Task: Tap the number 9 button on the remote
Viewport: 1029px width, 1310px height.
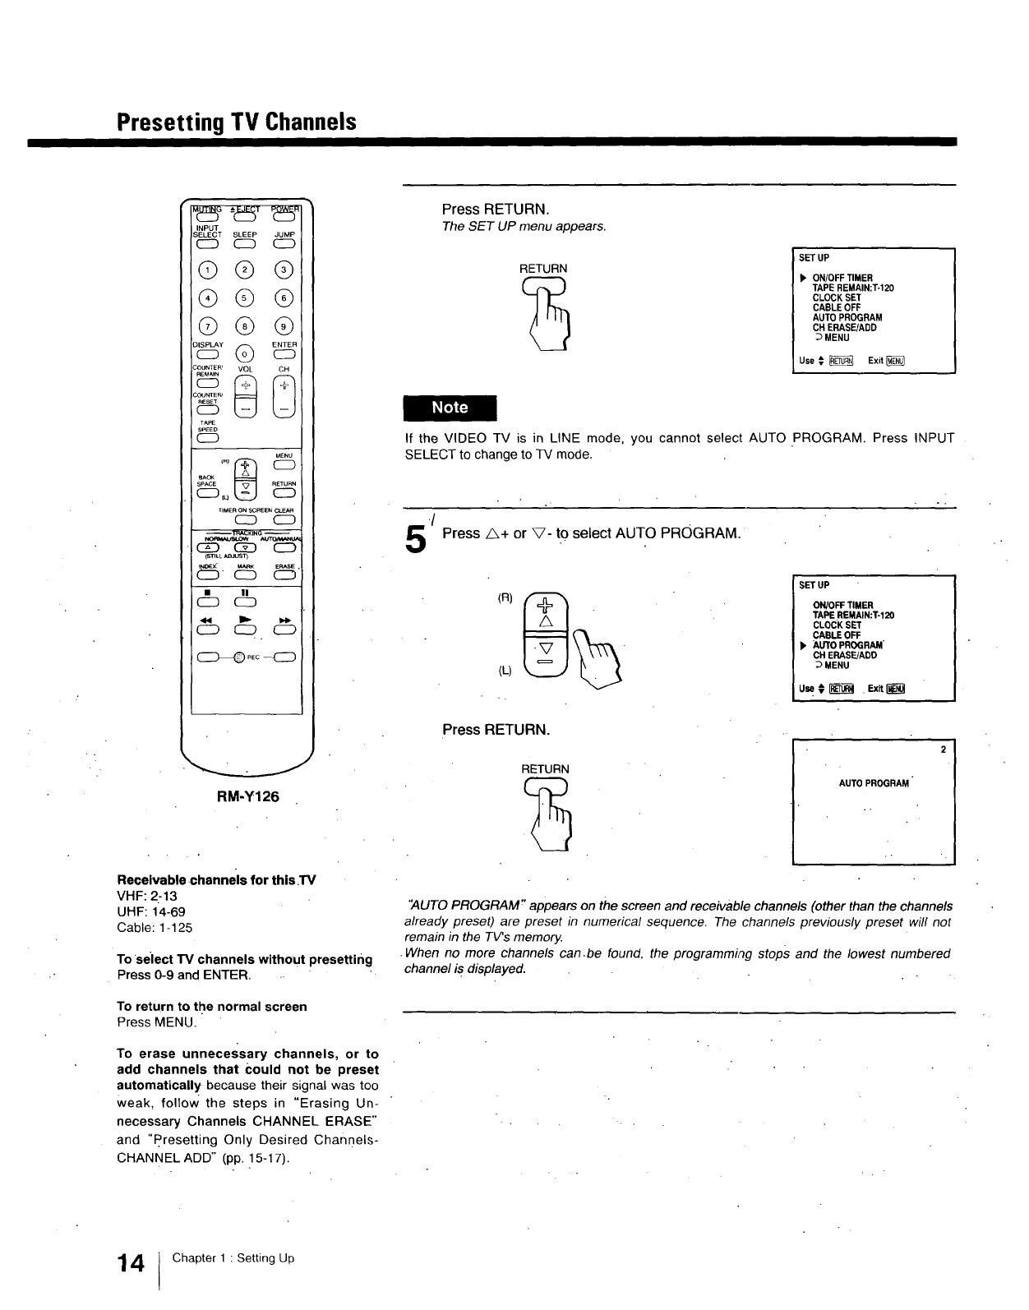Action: [x=284, y=328]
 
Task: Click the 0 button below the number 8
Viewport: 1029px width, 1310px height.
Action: [x=244, y=354]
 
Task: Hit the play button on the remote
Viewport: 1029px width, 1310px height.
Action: [x=244, y=630]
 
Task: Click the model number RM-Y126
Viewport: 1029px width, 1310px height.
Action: [x=247, y=796]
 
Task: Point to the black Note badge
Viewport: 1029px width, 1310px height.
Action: [x=450, y=408]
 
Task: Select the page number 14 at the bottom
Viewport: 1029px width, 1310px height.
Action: [x=131, y=1263]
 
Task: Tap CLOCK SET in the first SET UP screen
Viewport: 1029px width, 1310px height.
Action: [x=837, y=298]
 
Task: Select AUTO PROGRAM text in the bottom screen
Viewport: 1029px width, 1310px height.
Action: [x=874, y=783]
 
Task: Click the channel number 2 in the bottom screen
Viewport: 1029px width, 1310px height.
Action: [x=944, y=750]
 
